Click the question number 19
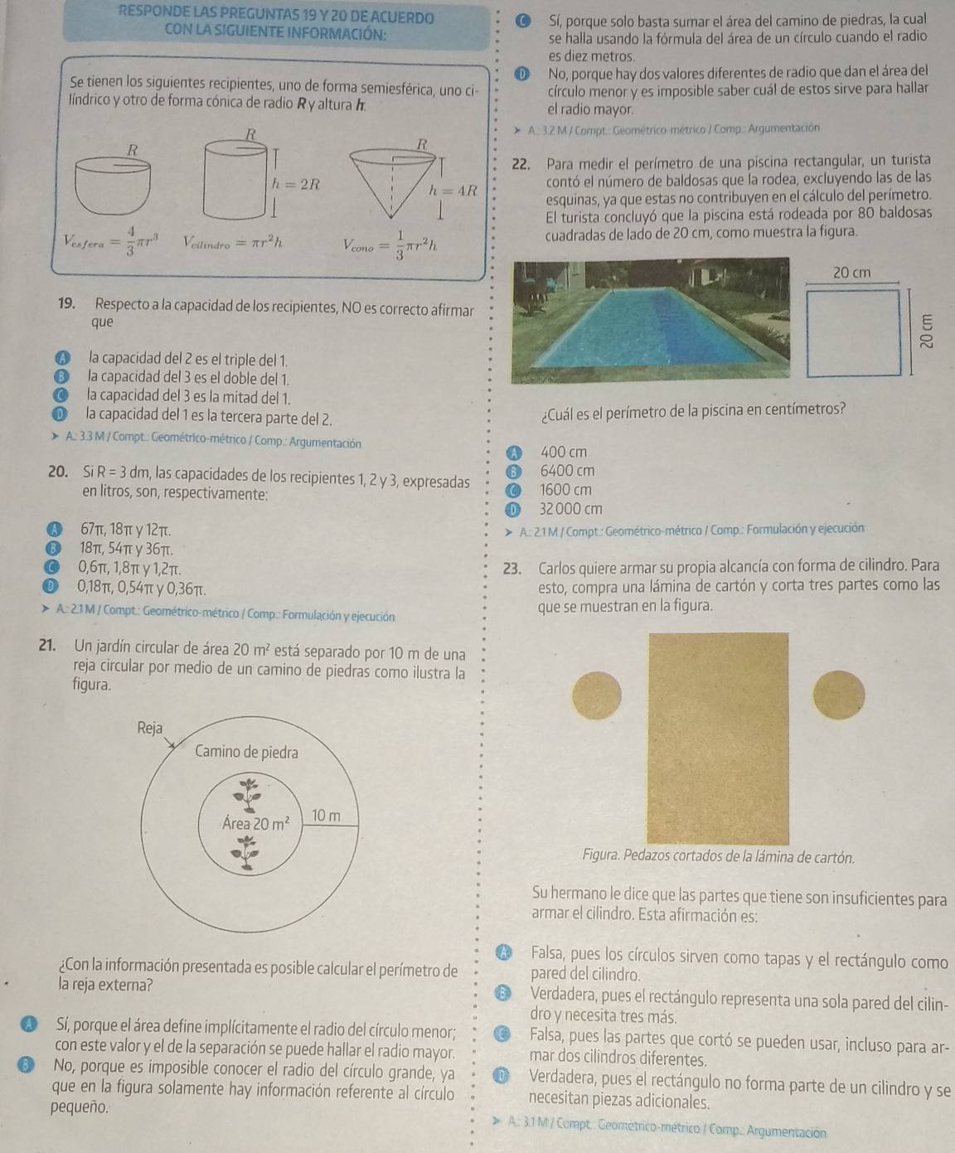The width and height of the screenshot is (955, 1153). click(66, 303)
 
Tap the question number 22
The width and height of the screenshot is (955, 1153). click(521, 165)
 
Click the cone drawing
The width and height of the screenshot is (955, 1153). click(393, 185)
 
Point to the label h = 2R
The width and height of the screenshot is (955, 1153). click(295, 185)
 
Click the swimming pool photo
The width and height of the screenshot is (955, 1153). click(650, 320)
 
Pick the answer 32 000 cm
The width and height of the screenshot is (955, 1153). click(570, 509)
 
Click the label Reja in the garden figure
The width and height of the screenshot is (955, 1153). click(150, 729)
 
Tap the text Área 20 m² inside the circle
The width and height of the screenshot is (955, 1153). click(255, 823)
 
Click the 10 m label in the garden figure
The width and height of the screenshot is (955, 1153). click(325, 815)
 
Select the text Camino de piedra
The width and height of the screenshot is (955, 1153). click(246, 752)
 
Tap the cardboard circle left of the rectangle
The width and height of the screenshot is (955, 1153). click(597, 696)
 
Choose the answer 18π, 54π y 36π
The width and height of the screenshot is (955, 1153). click(127, 550)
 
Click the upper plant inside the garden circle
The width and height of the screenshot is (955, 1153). click(248, 792)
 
